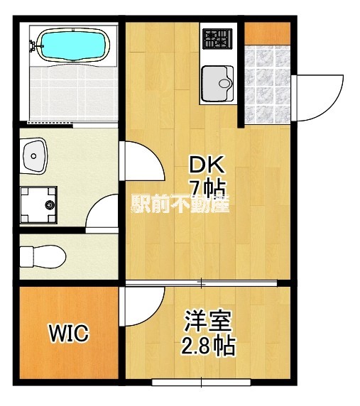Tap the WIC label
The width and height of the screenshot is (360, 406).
pos(68,333)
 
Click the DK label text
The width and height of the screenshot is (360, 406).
pos(206,166)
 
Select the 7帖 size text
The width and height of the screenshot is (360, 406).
pos(207,189)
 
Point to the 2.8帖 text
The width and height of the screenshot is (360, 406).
pos(207,347)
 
